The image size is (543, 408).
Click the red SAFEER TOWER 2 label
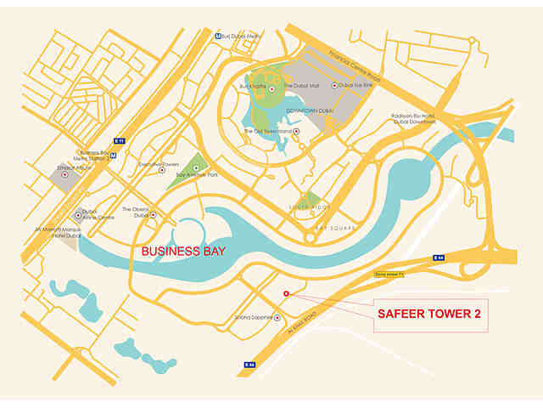[x=428, y=314]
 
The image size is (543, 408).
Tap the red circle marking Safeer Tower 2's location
[x=286, y=294]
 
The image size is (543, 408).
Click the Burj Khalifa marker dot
[x=272, y=86]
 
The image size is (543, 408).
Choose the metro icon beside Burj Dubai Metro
[x=220, y=36]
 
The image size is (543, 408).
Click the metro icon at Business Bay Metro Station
[x=124, y=156]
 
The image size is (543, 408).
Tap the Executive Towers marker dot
[x=162, y=170]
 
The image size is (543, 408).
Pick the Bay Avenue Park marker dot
[x=197, y=169]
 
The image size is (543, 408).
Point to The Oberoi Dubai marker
[x=154, y=215]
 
